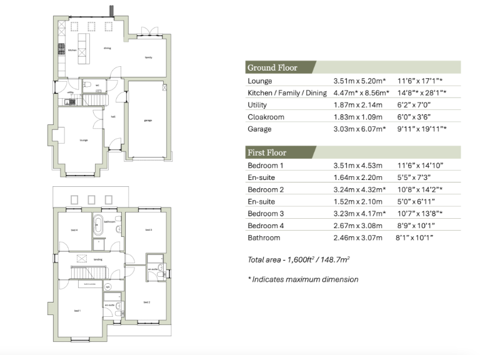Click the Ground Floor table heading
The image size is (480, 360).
click(x=272, y=67)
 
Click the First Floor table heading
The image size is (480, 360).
click(x=267, y=152)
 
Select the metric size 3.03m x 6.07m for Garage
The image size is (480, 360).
click(x=359, y=129)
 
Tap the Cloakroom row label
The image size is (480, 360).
click(x=265, y=117)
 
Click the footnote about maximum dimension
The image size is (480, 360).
click(x=303, y=279)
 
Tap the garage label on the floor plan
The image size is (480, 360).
click(x=148, y=121)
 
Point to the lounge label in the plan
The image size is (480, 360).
click(x=83, y=140)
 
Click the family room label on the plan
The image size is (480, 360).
click(x=149, y=57)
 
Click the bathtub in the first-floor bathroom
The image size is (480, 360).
click(x=98, y=225)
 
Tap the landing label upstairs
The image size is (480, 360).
click(x=98, y=260)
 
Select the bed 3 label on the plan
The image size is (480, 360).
click(x=148, y=230)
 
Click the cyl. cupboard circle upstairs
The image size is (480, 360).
click(x=108, y=287)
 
